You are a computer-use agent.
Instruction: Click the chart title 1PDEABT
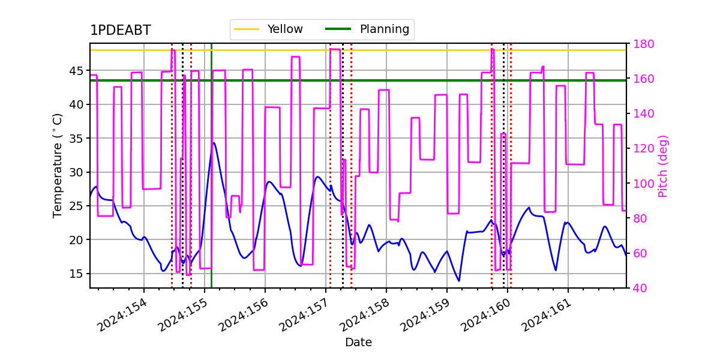pyautogui.click(x=121, y=30)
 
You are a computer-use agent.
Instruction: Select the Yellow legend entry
pyautogui.click(x=268, y=29)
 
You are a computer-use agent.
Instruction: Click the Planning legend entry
pyautogui.click(x=367, y=29)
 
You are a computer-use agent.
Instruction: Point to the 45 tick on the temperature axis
pyautogui.click(x=76, y=71)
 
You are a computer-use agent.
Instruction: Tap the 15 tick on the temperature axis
pyautogui.click(x=76, y=274)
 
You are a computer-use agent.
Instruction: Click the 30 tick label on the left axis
pyautogui.click(x=76, y=172)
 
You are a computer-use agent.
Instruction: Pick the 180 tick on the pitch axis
pyautogui.click(x=643, y=44)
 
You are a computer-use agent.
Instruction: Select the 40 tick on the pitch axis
pyautogui.click(x=640, y=289)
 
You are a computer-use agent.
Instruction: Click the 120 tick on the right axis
pyautogui.click(x=643, y=149)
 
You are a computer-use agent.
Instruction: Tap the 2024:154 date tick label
pyautogui.click(x=122, y=315)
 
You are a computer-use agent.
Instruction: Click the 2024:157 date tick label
pyautogui.click(x=304, y=315)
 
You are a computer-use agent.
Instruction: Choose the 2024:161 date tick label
pyautogui.click(x=547, y=315)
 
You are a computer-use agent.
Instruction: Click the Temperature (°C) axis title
pyautogui.click(x=57, y=166)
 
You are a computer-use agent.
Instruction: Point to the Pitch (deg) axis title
pyautogui.click(x=663, y=167)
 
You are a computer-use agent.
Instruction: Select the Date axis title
pyautogui.click(x=358, y=343)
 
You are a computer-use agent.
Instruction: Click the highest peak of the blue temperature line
pyautogui.click(x=214, y=143)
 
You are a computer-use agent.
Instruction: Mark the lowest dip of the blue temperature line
pyautogui.click(x=459, y=281)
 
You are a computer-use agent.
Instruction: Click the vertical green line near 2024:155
pyautogui.click(x=211, y=166)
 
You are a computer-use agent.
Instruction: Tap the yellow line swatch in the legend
pyautogui.click(x=247, y=29)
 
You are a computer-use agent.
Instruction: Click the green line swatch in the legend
pyautogui.click(x=338, y=29)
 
